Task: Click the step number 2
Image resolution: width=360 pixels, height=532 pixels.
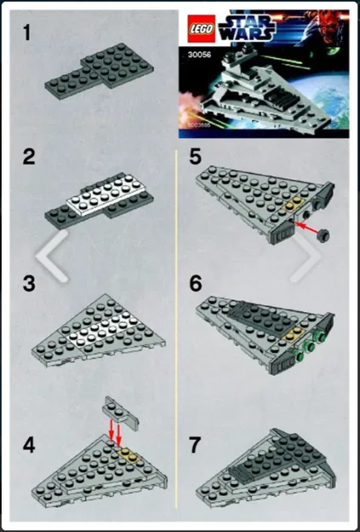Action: [x=27, y=157]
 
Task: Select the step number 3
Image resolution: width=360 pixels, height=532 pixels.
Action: [x=28, y=284]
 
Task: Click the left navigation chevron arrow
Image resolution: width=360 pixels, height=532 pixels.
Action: [x=54, y=255]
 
